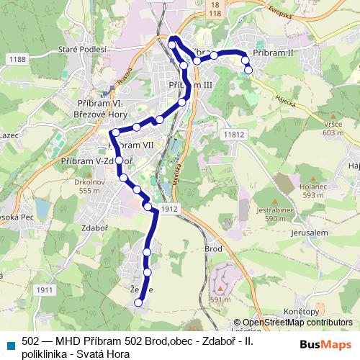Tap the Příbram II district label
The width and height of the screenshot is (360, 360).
[274, 53]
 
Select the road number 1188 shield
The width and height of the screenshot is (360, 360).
[17, 59]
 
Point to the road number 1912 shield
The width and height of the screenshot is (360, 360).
[169, 208]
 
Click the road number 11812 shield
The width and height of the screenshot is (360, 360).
[234, 134]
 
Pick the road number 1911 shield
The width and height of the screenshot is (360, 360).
[44, 289]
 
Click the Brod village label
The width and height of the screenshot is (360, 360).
[212, 248]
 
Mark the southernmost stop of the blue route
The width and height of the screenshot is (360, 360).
[138, 303]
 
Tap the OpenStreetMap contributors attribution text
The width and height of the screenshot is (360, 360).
[297, 323]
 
